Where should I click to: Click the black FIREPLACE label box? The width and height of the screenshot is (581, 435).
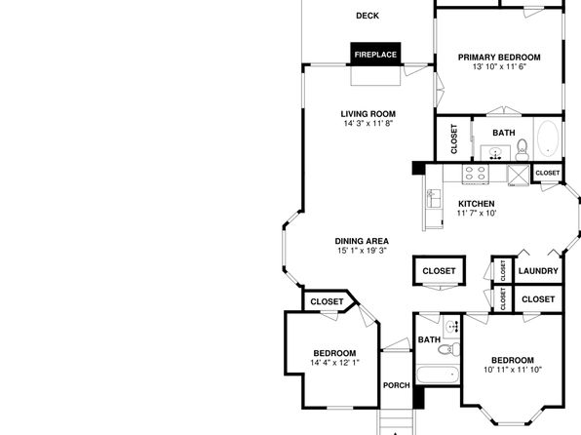[375, 55]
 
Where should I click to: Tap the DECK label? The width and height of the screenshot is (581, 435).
[368, 16]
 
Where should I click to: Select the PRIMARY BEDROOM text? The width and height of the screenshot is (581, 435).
[499, 58]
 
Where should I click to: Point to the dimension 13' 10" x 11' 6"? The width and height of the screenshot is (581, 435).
[499, 66]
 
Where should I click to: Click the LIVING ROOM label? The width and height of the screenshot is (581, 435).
[368, 114]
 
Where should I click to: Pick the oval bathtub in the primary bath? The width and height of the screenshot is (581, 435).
[548, 138]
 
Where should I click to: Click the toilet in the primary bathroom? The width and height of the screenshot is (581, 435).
[523, 149]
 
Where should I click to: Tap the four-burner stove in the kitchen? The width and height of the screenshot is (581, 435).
[476, 173]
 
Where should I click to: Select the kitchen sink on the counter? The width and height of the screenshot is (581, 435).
[434, 198]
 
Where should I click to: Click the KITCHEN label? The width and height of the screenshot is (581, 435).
[476, 204]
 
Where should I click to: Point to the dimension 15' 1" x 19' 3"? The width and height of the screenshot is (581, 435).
[362, 251]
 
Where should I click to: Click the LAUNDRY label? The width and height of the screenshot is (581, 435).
[538, 271]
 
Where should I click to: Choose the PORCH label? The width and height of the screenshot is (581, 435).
[397, 385]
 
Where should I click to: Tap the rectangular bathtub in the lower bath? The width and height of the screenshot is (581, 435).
[438, 375]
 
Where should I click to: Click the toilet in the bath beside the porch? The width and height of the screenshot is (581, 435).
[449, 349]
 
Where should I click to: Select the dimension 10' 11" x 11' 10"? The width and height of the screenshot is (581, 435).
[513, 370]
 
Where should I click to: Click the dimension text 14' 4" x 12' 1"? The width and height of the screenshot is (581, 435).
[334, 362]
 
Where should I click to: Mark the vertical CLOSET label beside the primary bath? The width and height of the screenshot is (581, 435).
[454, 138]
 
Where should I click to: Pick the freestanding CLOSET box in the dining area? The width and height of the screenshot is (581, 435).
[439, 271]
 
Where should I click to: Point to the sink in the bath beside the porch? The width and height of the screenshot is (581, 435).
[451, 327]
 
